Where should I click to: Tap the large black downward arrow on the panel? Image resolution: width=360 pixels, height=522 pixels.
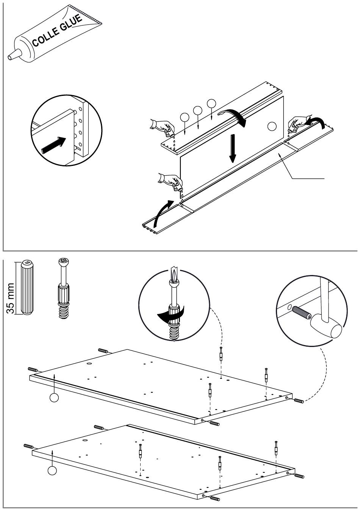pos(233,148)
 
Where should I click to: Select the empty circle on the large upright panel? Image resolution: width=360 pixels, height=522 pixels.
pos(272,126)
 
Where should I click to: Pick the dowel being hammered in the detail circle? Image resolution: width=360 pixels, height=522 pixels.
pos(302,313)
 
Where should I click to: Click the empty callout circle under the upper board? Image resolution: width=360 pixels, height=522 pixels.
pos(55,398)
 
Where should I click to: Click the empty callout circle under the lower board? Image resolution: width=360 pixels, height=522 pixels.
pos(52,471)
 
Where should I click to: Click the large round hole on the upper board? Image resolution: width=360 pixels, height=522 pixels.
pos(89,364)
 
